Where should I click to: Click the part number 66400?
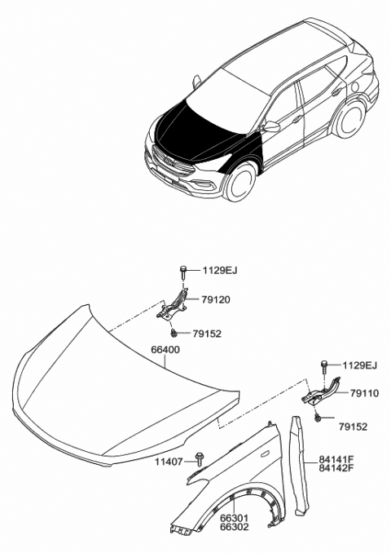165,350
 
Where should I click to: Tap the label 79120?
216,300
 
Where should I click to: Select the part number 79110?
365,393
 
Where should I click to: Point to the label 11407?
169,462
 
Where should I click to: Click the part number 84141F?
336,459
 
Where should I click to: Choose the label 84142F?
336,468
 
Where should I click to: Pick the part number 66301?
235,519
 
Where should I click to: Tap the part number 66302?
235,527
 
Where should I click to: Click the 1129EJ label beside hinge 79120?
220,271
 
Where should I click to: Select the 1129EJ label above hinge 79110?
360,365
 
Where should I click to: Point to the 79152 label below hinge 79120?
207,334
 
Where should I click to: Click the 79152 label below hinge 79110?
353,427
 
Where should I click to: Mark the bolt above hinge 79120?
183,272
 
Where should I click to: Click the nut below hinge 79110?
318,418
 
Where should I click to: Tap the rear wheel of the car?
349,118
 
